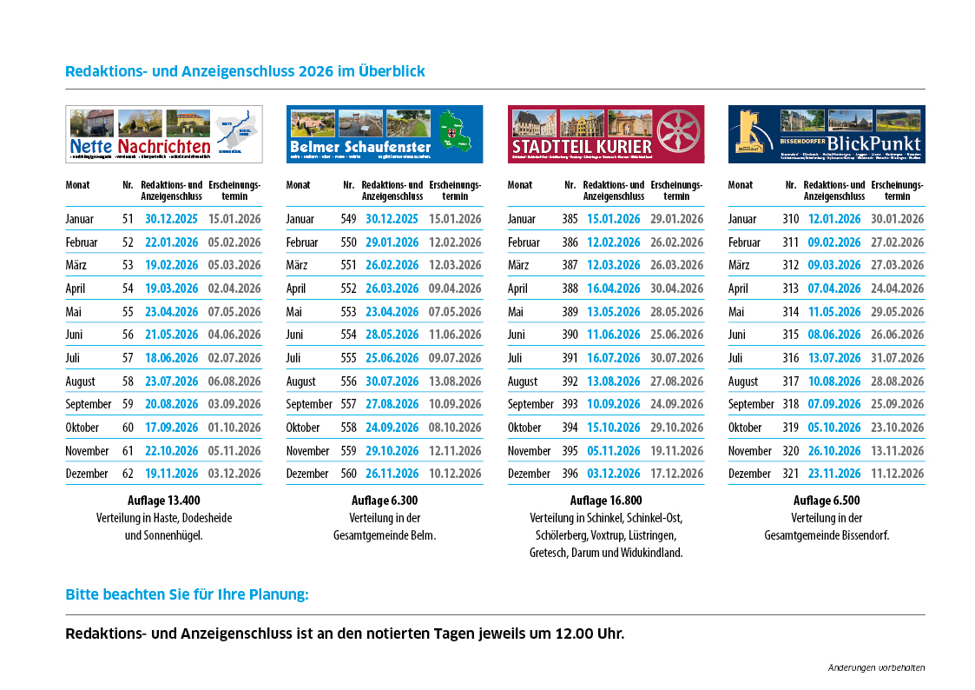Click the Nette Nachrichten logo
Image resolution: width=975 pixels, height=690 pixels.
click(164, 135)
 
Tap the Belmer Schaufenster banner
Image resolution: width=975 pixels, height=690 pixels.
click(385, 135)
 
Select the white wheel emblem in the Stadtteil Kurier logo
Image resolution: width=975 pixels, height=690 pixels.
click(678, 133)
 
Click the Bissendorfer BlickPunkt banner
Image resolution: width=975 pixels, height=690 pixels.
click(827, 135)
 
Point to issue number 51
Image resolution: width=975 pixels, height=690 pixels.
click(128, 219)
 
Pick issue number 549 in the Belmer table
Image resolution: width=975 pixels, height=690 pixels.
click(348, 219)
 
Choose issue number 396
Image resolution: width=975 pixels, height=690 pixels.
click(570, 474)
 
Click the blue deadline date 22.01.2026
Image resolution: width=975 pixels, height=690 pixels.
click(172, 242)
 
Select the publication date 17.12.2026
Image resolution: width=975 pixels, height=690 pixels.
click(677, 474)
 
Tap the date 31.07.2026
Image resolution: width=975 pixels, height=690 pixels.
click(898, 358)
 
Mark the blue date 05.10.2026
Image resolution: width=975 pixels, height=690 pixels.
click(834, 428)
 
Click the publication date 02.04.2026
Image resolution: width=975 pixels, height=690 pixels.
click(234, 289)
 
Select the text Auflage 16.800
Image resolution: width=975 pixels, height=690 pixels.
click(606, 501)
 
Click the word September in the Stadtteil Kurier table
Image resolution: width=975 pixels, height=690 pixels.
click(530, 404)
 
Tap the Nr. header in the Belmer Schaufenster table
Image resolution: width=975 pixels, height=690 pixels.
click(348, 185)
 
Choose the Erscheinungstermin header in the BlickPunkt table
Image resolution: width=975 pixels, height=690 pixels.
click(898, 190)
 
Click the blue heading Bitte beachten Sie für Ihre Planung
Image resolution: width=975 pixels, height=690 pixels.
click(187, 595)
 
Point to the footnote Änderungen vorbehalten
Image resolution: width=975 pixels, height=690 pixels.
click(876, 667)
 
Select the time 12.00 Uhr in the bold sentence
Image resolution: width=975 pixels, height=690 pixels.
click(590, 634)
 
